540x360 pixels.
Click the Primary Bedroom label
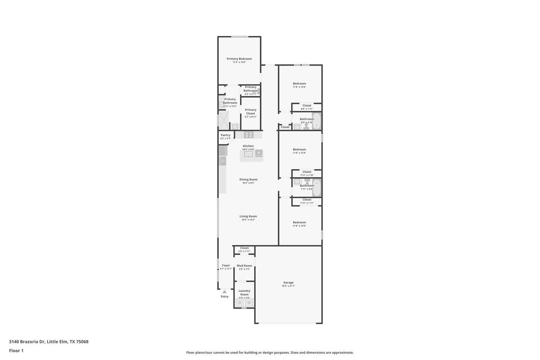click(239, 59)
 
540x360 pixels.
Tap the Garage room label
click(288, 283)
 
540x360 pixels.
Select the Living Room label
click(248, 216)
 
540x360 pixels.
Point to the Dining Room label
click(248, 180)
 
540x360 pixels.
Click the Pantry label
click(225, 135)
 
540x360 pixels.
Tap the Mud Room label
click(244, 265)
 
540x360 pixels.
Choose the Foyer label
click(226, 265)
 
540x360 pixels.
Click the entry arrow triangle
click(225, 292)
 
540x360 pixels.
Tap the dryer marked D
click(240, 303)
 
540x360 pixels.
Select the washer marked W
click(248, 303)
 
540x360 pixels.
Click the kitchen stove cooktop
click(248, 135)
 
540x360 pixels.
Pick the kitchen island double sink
click(248, 154)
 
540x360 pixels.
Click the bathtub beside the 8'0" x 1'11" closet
click(316, 121)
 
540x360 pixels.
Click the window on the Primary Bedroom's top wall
click(240, 37)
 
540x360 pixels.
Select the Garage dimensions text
click(288, 286)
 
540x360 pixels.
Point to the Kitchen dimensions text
click(248, 149)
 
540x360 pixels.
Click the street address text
click(49, 342)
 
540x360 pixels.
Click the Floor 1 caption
click(16, 351)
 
